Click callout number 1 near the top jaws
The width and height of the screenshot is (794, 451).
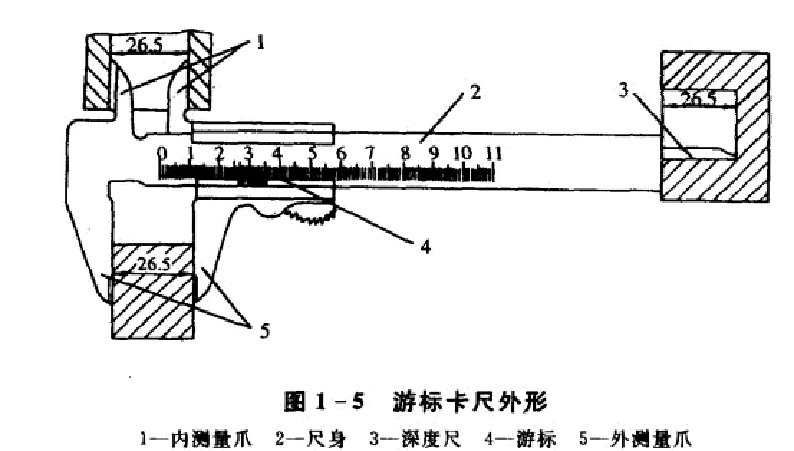260,44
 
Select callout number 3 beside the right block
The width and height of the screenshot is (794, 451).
623,90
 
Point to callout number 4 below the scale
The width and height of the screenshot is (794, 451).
425,247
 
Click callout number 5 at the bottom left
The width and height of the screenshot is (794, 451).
265,331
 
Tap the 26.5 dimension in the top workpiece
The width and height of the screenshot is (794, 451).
144,45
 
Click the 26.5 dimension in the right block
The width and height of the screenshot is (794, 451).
698,100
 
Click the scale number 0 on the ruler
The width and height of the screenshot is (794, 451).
162,154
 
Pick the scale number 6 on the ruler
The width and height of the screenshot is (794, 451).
341,154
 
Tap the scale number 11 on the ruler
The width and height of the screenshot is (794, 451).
493,154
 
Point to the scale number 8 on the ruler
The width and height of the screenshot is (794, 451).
405,154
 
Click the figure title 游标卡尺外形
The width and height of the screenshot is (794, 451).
470,401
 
